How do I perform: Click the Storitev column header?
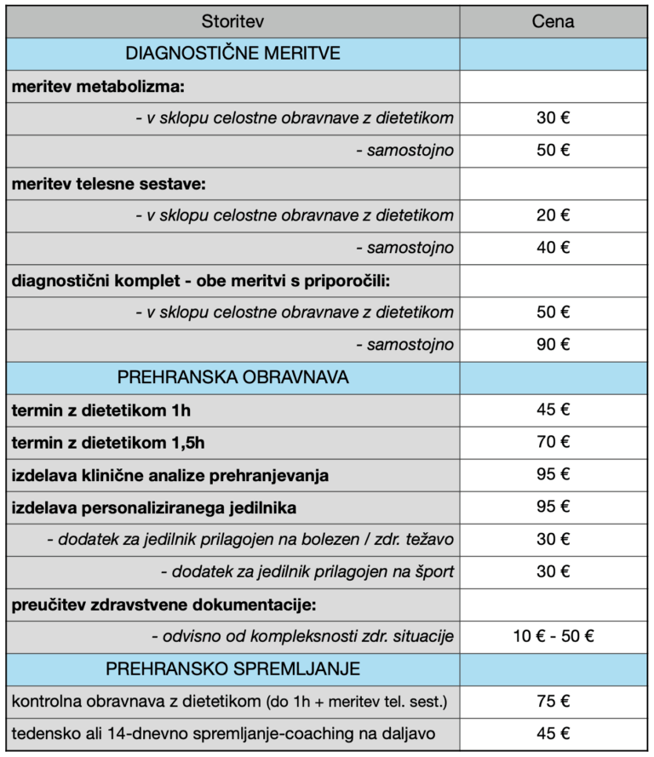tap(232, 21)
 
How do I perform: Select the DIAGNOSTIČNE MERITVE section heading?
tap(232, 54)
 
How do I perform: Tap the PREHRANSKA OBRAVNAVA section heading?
tap(232, 377)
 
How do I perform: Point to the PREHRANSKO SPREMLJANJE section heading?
tap(232, 669)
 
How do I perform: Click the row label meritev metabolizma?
tap(98, 86)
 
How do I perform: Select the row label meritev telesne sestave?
tap(108, 183)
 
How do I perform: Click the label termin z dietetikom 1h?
tap(101, 410)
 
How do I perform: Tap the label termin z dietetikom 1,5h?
tap(108, 443)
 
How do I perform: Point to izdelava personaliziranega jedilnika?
tap(154, 508)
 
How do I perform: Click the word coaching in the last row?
tap(330, 734)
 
